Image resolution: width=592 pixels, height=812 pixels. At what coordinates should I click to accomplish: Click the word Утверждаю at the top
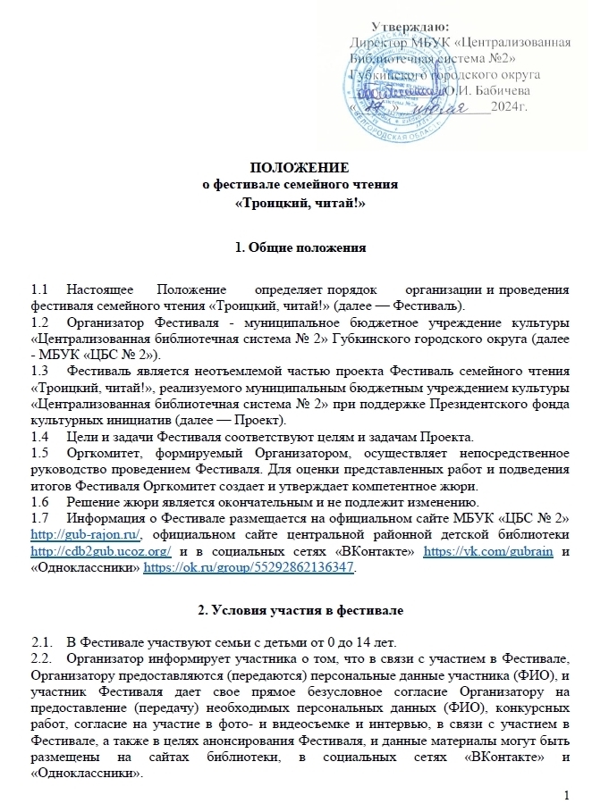tap(410, 27)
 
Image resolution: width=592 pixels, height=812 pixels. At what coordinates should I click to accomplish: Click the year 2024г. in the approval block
tap(512, 107)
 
